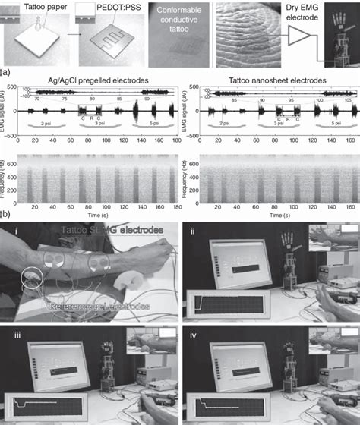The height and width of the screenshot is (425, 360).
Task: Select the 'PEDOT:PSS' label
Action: pyautogui.click(x=108, y=7)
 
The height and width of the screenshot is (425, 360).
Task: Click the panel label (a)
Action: pyautogui.click(x=7, y=73)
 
